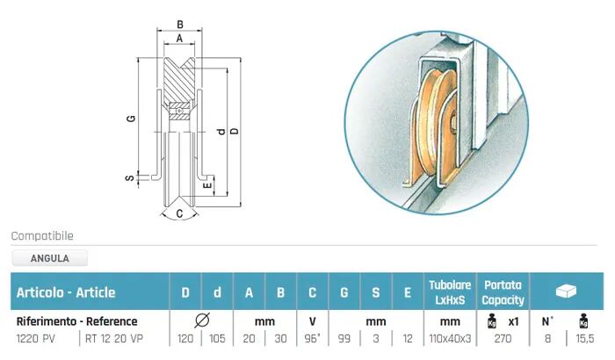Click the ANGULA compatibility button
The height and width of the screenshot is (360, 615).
50,258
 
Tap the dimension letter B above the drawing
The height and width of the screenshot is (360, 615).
179,25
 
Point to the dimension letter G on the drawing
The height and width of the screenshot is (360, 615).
131,118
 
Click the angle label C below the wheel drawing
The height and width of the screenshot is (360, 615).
179,213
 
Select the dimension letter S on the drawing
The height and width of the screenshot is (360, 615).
129,178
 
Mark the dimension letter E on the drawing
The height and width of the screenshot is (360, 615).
207,185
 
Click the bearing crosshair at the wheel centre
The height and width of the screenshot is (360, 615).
179,112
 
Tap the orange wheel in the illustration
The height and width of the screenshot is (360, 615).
436,124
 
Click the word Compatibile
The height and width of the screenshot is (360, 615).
42,236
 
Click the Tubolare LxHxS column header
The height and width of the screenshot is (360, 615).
450,292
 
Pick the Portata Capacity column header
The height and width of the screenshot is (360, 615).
503,292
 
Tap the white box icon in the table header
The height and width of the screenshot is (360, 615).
566,291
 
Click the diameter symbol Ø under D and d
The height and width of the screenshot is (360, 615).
201,320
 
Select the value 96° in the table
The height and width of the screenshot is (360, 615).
312,338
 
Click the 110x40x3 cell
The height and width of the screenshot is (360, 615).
450,338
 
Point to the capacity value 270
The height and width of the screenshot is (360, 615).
503,338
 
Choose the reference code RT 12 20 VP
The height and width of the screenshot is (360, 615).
114,338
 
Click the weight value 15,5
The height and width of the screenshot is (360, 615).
585,338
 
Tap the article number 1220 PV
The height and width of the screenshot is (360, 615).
36,338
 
